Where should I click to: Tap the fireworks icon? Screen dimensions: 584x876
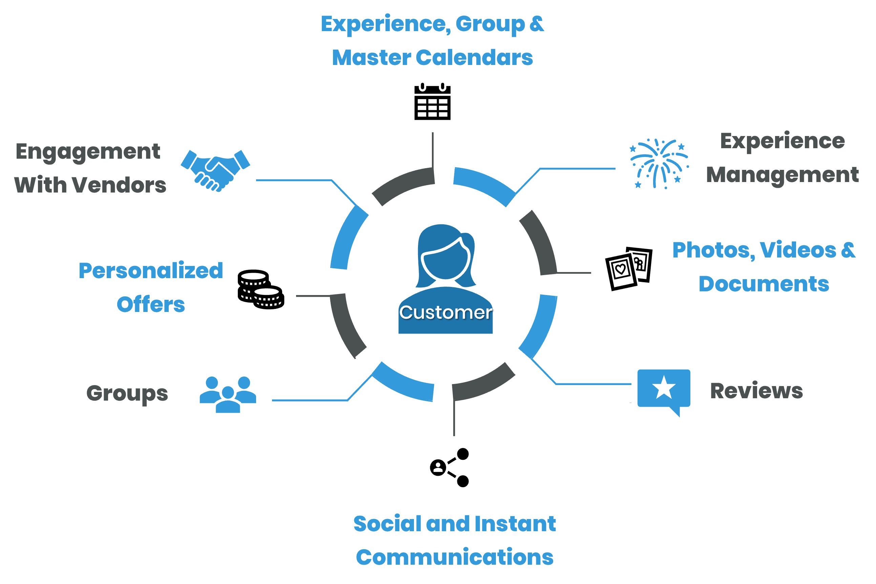659,163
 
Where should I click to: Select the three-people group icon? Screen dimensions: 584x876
228,395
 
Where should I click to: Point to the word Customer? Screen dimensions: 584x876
445,312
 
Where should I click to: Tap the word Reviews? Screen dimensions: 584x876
756,391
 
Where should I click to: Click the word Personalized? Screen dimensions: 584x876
151,271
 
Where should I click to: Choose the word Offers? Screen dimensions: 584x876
151,305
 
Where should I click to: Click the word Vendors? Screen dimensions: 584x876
119,185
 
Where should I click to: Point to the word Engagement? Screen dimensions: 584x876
88,152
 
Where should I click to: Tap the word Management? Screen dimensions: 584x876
782,175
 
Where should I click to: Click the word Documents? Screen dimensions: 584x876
764,284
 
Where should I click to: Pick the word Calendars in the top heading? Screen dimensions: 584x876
474,58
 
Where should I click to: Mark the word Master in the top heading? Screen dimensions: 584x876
371,58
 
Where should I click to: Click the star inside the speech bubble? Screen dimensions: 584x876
664,388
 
